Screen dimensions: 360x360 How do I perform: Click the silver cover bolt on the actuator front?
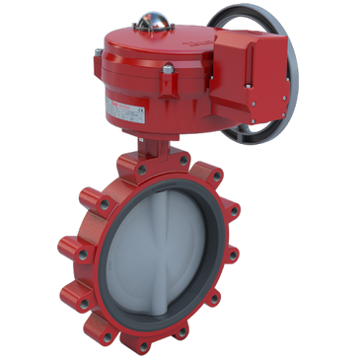(169, 69)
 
